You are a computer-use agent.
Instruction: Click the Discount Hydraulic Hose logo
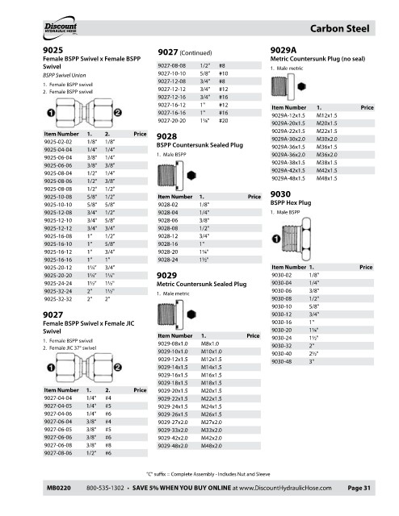[x=60, y=28]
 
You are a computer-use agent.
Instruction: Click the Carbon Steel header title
[x=340, y=29]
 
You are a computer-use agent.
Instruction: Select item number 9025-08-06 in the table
[x=58, y=181]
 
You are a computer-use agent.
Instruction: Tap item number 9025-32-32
[x=58, y=299]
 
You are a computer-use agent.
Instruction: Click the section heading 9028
[x=167, y=136]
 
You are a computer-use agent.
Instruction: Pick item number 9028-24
[x=168, y=260]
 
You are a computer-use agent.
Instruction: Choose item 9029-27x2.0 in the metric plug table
[x=173, y=422]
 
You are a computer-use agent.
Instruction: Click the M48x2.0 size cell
[x=212, y=446]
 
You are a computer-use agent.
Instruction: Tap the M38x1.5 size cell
[x=327, y=163]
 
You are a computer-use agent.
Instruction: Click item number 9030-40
[x=282, y=354]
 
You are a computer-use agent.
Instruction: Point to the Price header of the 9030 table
[x=366, y=267]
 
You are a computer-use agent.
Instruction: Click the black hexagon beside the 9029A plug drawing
[x=302, y=86]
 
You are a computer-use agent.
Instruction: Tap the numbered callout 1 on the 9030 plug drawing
[x=276, y=239]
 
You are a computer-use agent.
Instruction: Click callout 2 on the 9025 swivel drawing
[x=118, y=113]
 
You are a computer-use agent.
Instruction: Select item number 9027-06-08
[x=58, y=445]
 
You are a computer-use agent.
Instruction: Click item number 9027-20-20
[x=172, y=121]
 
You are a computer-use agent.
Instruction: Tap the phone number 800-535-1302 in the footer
[x=105, y=488]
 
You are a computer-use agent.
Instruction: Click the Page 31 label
[x=359, y=488]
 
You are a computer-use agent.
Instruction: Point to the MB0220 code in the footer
[x=59, y=488]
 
